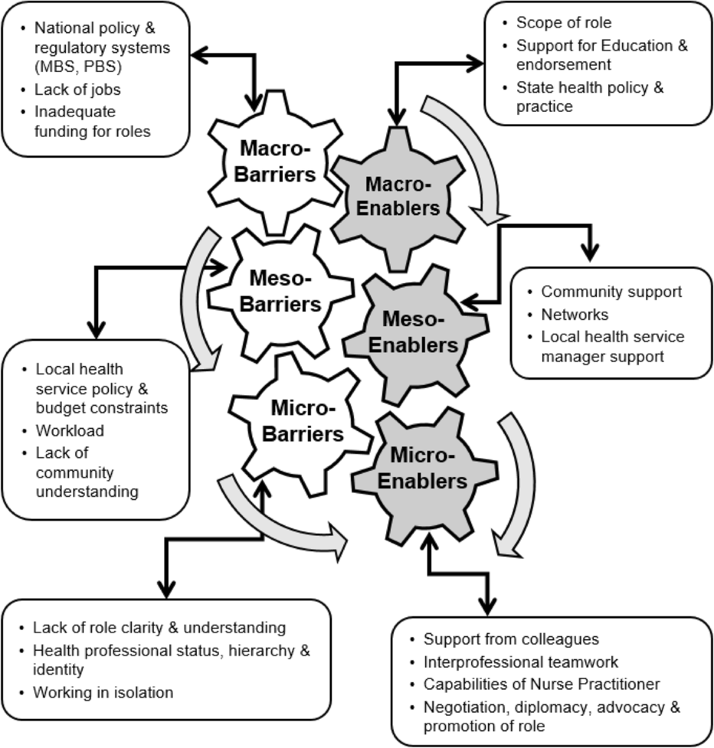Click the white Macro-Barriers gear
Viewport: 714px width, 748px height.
[x=274, y=163]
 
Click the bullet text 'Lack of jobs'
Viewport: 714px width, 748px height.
[x=77, y=90]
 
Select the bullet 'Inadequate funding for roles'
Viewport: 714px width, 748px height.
[x=92, y=121]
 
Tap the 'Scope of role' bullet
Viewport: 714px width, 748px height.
[x=563, y=23]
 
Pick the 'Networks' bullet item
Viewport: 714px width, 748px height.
[x=574, y=314]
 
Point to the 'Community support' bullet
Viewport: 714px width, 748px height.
[x=611, y=292]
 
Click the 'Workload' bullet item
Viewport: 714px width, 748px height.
[x=70, y=430]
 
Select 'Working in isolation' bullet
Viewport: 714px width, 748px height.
[x=103, y=693]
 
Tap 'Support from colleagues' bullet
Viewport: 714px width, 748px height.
[x=511, y=639]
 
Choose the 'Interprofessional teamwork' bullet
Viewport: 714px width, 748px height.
[x=521, y=662]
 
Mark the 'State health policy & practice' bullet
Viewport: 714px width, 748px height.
[x=589, y=97]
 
